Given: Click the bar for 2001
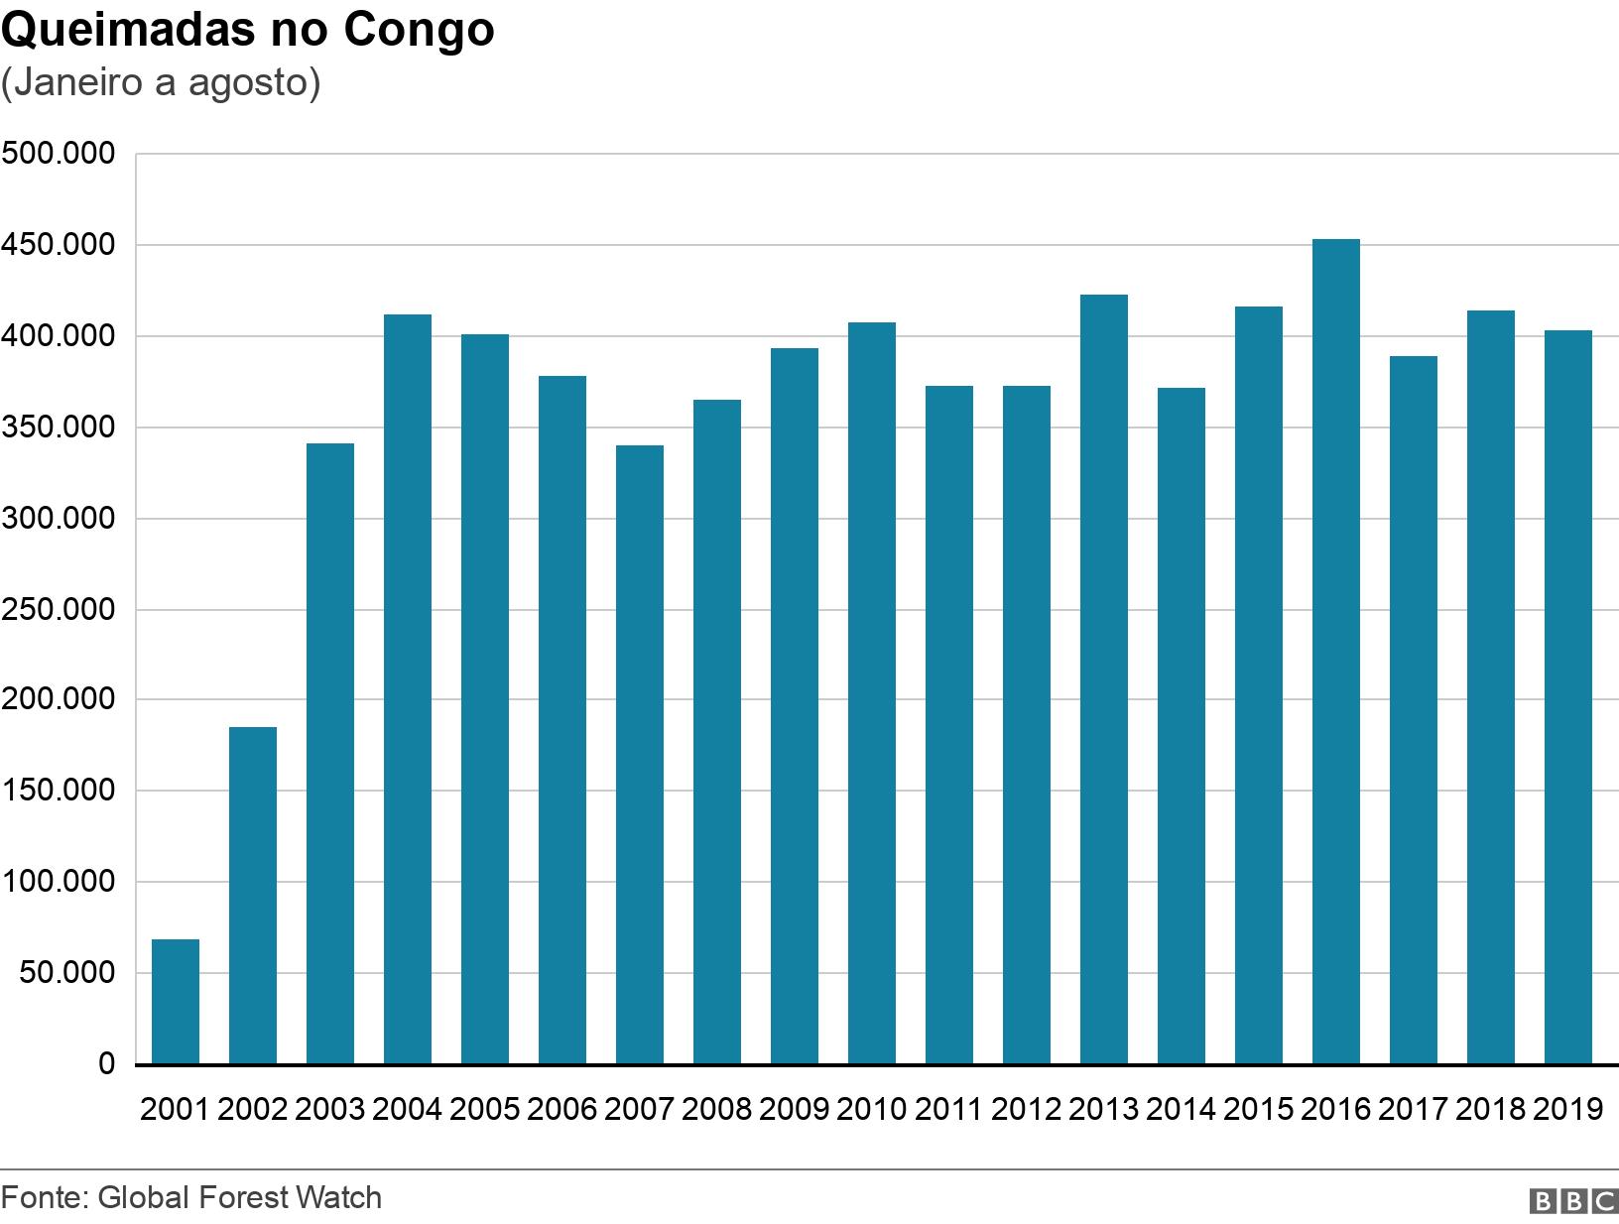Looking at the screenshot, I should [x=176, y=1002].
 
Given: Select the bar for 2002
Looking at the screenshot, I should [x=253, y=896].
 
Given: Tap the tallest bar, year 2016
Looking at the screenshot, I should [x=1336, y=652].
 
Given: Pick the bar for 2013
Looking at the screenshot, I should [x=1104, y=679].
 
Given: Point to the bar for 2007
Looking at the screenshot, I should [x=640, y=755].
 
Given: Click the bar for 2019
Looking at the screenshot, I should [x=1568, y=697].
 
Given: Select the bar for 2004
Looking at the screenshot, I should [x=408, y=689].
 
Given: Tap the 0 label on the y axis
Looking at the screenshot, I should [x=106, y=1064].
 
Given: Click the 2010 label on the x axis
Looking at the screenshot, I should [x=872, y=1109].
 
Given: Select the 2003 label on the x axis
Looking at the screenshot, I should [x=330, y=1109].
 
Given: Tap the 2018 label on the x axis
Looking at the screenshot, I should [x=1491, y=1109].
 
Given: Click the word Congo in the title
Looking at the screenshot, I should [x=419, y=30].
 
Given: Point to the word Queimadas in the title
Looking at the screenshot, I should [x=127, y=30].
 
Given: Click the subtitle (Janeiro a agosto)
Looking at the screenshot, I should [x=161, y=83].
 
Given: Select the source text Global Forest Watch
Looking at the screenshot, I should [x=240, y=1197].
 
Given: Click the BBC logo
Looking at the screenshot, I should [x=1573, y=1201].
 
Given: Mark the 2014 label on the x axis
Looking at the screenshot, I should [x=1182, y=1109].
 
